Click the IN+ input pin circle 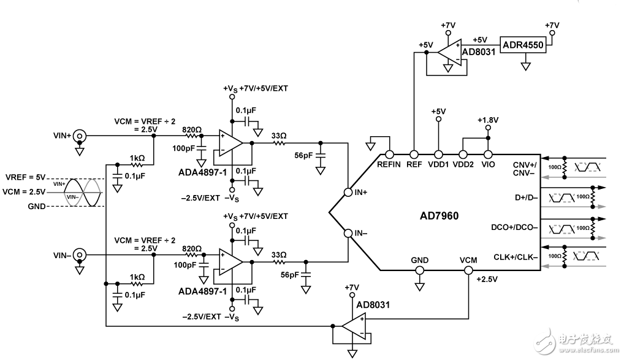(348, 191)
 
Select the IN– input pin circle (348, 233)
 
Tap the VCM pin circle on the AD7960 (469, 270)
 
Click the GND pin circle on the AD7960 (420, 270)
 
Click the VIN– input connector (79, 255)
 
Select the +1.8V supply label (488, 120)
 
